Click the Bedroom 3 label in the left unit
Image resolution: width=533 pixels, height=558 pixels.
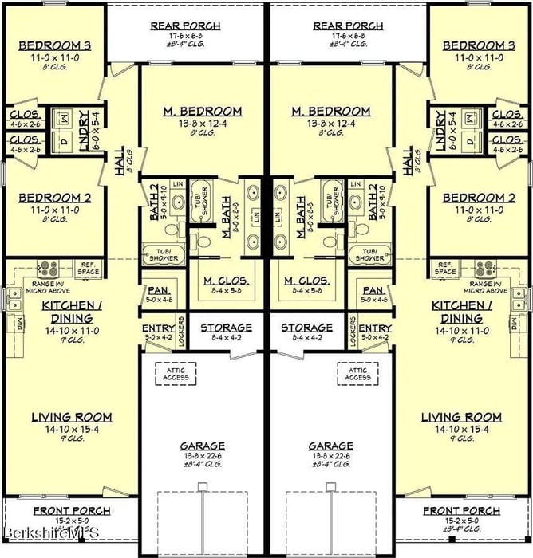pos(54,45)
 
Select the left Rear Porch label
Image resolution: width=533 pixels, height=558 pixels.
pos(185,26)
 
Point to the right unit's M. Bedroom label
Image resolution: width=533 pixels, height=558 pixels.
pos(331,111)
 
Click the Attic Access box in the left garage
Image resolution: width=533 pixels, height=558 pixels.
pos(181,373)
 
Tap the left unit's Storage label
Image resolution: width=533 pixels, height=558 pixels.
pos(226,328)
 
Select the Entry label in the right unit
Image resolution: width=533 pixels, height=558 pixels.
pos(374,328)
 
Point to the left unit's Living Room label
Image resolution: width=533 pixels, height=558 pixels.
pos(71,417)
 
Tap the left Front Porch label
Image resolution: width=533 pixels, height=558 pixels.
pos(72,511)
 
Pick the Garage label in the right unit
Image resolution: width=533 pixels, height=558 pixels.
pos(331,446)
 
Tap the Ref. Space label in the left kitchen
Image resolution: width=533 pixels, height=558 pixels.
pos(89,268)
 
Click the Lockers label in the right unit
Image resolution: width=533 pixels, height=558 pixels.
pos(353,332)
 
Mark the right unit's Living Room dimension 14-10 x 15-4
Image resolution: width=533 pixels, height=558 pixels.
pos(461,428)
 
